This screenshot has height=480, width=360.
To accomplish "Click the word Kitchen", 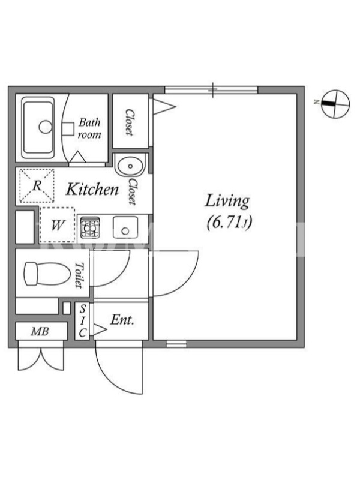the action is [92, 190].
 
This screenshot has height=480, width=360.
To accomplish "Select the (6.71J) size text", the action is [229, 223].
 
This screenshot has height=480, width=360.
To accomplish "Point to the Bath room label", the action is [89, 128].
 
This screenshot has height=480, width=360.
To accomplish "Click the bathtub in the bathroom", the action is [38, 127].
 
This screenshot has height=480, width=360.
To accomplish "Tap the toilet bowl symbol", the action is [47, 274].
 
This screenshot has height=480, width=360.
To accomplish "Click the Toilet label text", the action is [80, 275].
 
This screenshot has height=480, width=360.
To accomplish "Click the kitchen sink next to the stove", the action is [125, 227].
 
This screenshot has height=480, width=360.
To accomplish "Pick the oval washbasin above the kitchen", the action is [130, 166].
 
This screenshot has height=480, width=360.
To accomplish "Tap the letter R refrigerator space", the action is [37, 185].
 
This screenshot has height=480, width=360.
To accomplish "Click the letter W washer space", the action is [57, 226].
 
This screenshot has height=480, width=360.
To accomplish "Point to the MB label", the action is [40, 331].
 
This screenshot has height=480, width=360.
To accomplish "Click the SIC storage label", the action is [82, 320].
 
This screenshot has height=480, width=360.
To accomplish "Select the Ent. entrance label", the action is [122, 320].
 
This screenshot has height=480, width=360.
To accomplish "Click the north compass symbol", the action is [335, 104].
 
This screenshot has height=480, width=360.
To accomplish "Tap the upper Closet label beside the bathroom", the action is [130, 122].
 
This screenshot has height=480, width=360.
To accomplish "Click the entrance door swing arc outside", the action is [114, 377].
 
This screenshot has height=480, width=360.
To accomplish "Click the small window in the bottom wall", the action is [176, 344].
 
